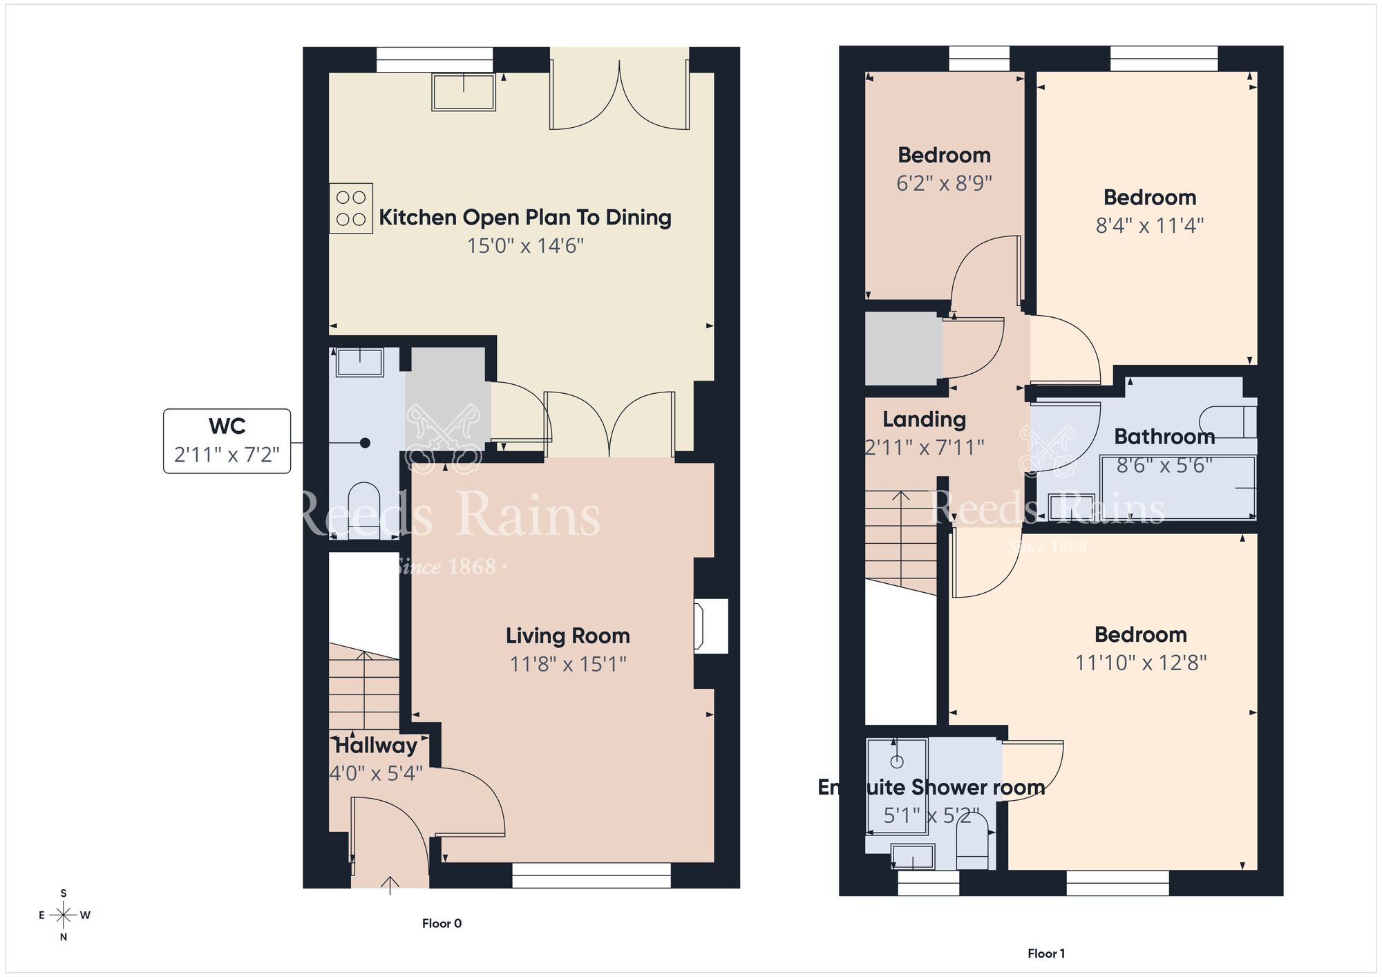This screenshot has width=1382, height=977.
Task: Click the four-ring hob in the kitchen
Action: pos(351,208)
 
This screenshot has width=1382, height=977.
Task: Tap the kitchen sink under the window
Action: pos(464,92)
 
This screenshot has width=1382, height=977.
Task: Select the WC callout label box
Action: pos(227,441)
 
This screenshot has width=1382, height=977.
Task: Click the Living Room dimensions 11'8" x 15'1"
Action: pos(568,664)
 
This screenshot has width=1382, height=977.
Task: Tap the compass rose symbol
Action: pos(64,916)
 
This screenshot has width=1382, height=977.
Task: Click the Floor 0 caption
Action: pos(442,923)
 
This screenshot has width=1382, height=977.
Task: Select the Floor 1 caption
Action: pos(1045,954)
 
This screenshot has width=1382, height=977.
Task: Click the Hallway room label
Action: pos(376,746)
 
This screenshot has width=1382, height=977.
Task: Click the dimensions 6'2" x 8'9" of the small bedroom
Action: pos(944,183)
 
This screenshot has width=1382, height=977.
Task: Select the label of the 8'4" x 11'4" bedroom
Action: pos(1150,198)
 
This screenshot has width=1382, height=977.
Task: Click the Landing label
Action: pos(924,419)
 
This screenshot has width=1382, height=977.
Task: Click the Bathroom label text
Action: pos(1164,437)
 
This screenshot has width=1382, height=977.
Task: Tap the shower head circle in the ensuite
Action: pos(897,762)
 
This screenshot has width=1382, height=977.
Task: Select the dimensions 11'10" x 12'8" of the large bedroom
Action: pos(1140,663)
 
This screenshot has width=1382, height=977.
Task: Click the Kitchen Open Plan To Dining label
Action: pos(525,218)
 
